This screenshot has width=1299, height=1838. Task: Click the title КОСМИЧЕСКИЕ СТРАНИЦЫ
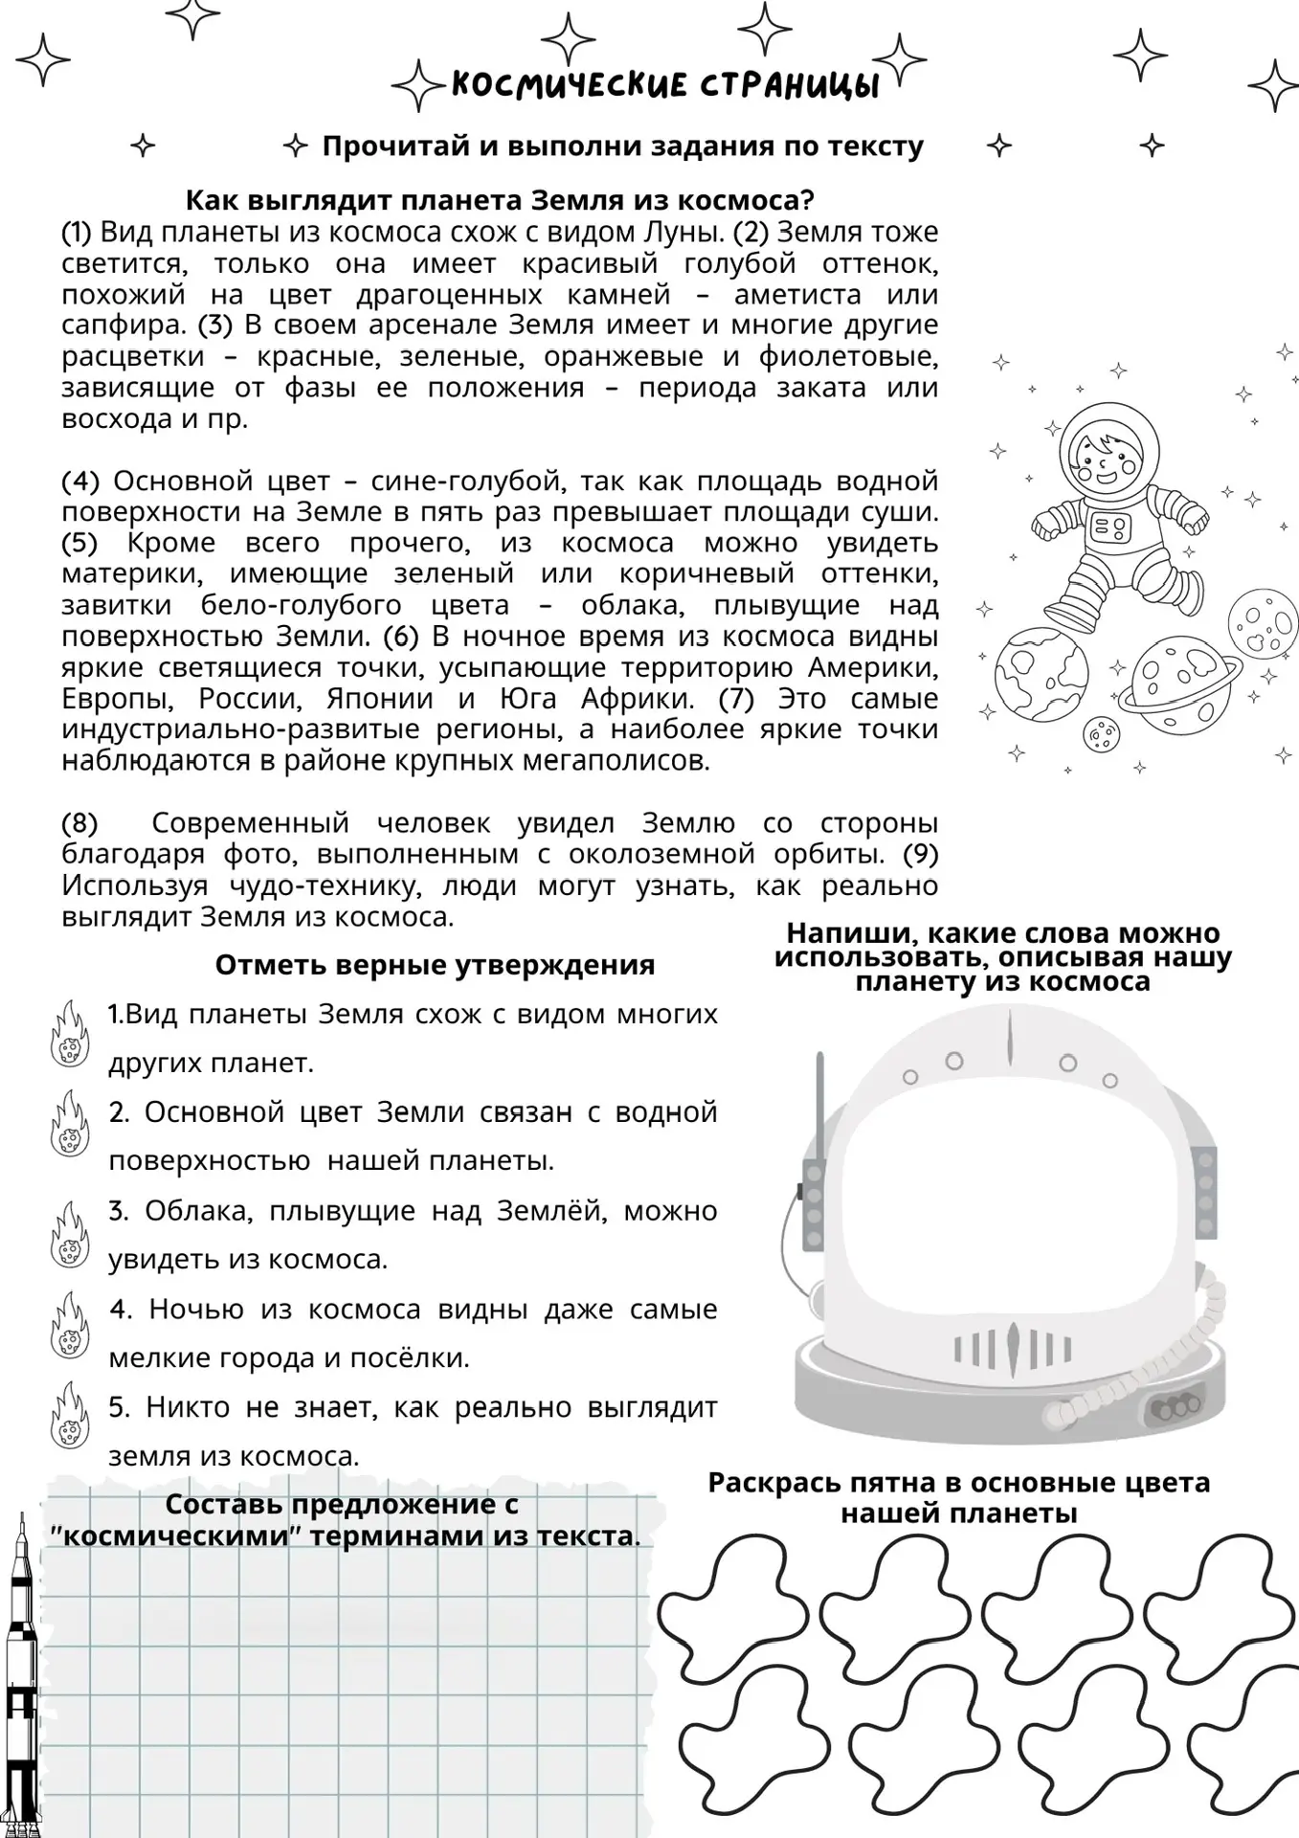664,85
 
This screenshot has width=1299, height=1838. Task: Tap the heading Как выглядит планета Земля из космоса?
499,200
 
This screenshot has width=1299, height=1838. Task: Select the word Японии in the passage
379,699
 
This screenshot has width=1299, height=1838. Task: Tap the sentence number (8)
80,823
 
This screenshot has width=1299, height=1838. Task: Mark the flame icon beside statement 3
69,1235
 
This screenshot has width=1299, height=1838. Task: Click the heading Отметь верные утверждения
435,965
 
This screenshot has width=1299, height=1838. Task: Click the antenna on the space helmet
818,1110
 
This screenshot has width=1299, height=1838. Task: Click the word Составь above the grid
225,1504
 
